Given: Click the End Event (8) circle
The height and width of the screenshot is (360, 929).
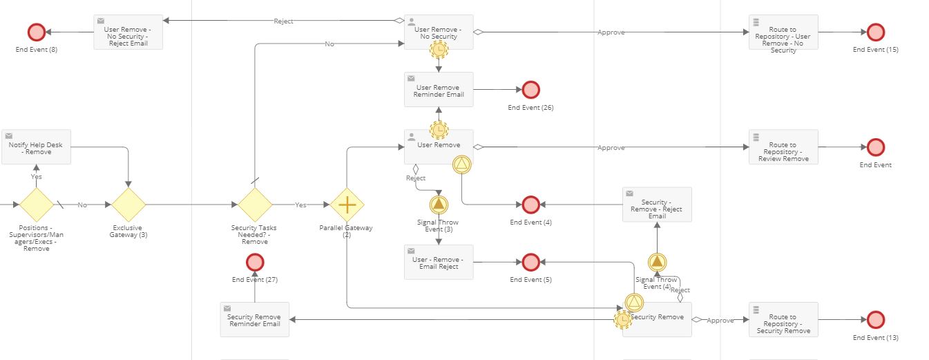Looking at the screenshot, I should [36, 32].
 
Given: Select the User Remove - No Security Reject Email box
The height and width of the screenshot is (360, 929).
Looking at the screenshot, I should [128, 32].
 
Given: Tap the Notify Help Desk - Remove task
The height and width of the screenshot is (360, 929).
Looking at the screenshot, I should [36, 147].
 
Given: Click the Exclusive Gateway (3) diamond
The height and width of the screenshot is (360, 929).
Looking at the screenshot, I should [128, 205].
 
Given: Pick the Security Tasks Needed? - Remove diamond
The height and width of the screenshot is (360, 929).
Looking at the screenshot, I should [255, 205].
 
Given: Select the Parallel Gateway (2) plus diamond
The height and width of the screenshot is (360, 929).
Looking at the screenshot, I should [347, 205].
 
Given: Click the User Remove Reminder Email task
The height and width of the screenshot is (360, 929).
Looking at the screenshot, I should [439, 90].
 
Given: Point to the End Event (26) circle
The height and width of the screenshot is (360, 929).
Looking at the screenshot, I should [530, 90].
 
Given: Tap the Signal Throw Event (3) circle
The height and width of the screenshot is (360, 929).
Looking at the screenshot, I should [439, 205].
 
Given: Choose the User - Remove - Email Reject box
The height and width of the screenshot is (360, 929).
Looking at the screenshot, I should [439, 262].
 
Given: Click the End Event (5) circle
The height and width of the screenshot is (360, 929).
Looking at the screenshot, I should [530, 262].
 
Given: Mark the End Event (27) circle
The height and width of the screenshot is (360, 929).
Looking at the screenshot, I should [255, 262].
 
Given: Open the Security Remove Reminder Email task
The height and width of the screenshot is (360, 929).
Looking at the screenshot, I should [255, 319].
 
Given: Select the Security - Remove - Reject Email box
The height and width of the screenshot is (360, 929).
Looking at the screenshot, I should [657, 205].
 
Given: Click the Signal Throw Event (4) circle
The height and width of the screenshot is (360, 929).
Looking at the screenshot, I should [657, 262].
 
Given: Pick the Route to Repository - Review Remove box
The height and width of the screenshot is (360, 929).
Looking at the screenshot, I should [783, 147].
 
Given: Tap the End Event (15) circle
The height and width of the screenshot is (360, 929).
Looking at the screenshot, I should [875, 32].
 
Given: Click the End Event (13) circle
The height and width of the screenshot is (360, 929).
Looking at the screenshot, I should [875, 319].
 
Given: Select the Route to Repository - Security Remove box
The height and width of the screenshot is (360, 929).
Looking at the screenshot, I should [783, 319].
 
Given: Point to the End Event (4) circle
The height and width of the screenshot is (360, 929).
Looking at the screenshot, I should [530, 205].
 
